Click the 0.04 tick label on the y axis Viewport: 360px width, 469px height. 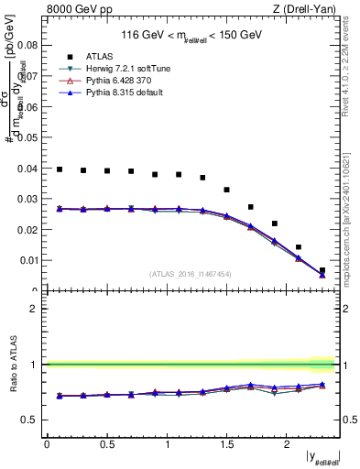[27, 169]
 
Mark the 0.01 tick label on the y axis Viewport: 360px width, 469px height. [27, 261]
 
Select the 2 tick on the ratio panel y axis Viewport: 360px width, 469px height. [33, 309]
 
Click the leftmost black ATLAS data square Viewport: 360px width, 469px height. [60, 169]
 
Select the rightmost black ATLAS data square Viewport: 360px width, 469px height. [322, 270]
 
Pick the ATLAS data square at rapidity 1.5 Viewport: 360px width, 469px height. [227, 190]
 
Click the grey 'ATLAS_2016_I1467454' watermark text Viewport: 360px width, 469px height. [191, 274]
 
